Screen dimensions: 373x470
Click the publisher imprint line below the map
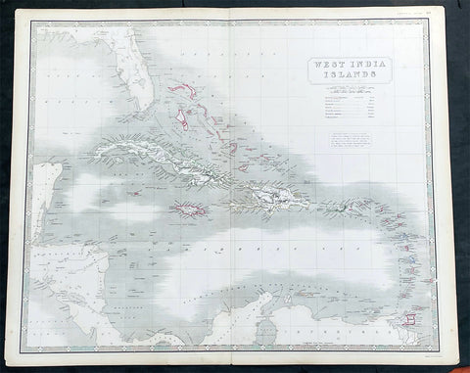tap(235, 358)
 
